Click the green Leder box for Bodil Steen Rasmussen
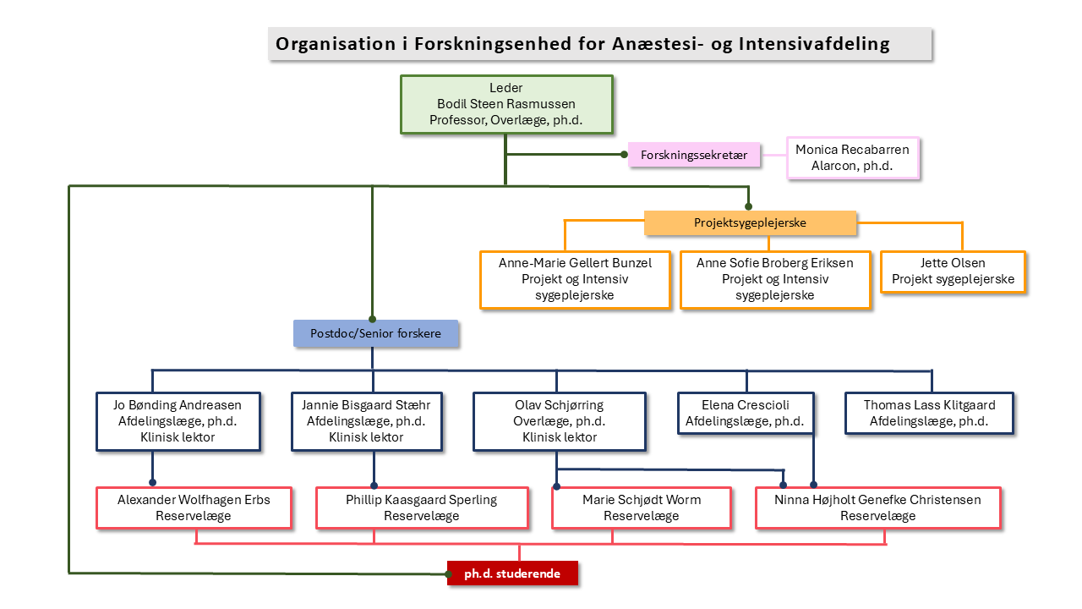click(506, 104)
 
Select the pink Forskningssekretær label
click(694, 155)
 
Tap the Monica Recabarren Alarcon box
click(853, 157)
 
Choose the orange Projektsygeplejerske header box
click(750, 222)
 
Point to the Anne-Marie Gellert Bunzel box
click(576, 279)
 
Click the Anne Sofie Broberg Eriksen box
click(775, 279)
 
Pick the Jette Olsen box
click(953, 272)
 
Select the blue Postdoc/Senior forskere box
click(376, 333)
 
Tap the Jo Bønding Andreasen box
click(178, 421)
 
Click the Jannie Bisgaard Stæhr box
click(367, 421)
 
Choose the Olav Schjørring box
click(560, 421)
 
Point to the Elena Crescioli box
click(746, 414)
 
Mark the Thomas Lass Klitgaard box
click(929, 414)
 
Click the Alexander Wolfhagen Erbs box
click(194, 507)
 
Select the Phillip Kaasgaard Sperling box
click(422, 507)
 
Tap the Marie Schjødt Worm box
click(642, 507)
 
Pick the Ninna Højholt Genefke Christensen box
click(878, 507)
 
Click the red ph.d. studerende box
click(512, 573)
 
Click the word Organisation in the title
click(336, 44)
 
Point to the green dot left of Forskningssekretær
click(624, 155)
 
